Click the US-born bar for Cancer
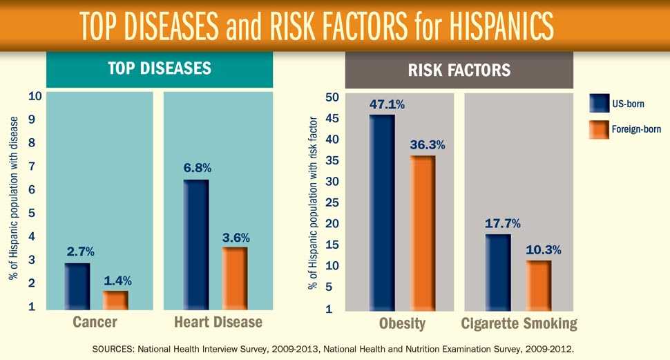tap(77, 287)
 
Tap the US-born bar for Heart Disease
tap(196, 245)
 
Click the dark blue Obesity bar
tap(382, 212)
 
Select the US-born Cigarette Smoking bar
tap(497, 272)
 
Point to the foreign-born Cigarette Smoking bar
tap(538, 285)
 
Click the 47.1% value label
tap(387, 105)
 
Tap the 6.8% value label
tap(197, 168)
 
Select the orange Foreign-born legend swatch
tap(597, 129)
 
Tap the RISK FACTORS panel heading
tap(468, 70)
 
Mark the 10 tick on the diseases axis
tap(33, 96)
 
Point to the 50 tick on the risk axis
tap(332, 97)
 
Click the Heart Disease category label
tap(218, 323)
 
